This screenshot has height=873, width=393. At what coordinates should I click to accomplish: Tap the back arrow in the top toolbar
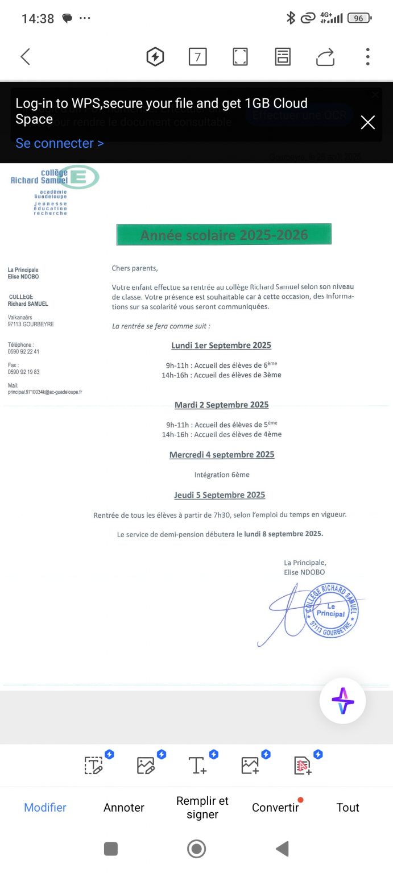tap(25, 56)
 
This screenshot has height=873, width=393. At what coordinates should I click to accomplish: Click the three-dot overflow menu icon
tap(368, 56)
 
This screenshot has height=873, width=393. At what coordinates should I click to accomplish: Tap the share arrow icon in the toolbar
tap(325, 57)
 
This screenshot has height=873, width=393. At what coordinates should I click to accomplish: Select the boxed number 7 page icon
tap(197, 57)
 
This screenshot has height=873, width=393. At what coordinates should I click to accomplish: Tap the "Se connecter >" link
tap(60, 143)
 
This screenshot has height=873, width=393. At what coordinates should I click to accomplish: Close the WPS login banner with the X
tap(368, 122)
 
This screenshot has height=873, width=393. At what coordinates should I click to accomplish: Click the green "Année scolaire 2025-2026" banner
tap(224, 235)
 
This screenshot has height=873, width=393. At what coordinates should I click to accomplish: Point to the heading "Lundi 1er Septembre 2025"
tap(221, 345)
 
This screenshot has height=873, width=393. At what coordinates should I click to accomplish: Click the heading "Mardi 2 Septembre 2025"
tap(221, 405)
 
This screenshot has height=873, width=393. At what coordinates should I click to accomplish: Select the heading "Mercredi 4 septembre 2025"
tap(222, 455)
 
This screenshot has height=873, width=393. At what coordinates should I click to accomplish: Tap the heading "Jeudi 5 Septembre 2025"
tap(220, 495)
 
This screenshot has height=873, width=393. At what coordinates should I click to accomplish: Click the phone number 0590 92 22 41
tap(23, 352)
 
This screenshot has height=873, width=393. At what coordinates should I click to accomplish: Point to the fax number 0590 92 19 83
tap(23, 372)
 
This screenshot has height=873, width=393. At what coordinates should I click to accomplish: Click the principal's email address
tap(44, 392)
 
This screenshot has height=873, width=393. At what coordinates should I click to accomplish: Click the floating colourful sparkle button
tap(342, 700)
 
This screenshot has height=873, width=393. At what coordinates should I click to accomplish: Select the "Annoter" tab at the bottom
tap(124, 808)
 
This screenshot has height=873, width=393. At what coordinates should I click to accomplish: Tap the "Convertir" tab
tap(275, 808)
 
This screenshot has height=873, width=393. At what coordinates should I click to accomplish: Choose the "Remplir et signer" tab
tap(202, 808)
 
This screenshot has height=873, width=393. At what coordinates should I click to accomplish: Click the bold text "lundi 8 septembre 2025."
tap(283, 534)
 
